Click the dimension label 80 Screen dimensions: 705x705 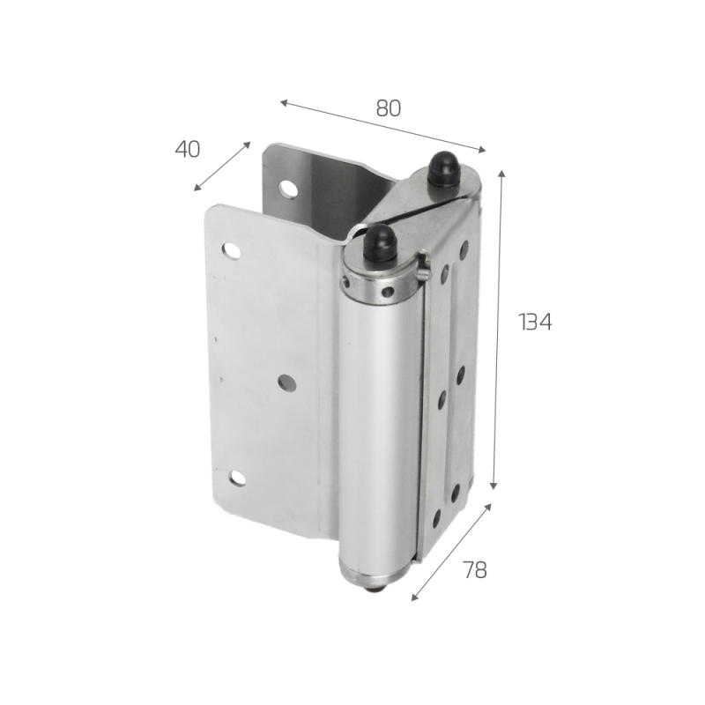388,108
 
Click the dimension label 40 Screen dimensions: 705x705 187,149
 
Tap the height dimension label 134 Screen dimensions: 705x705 535,322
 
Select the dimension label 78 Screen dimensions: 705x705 475,570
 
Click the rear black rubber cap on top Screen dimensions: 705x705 442,169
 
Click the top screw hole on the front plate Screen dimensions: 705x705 231,250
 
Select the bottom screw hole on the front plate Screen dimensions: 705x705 237,478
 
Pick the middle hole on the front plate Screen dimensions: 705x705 286,382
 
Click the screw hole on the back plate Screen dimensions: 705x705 287,189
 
